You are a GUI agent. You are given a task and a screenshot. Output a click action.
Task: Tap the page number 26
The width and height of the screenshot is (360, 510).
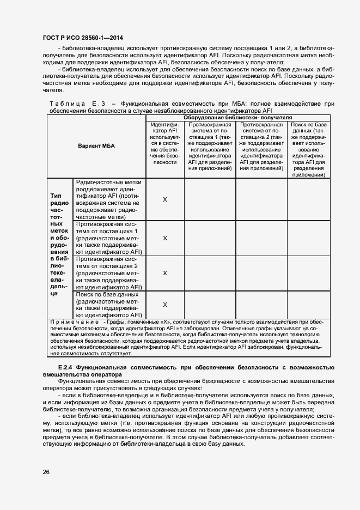[46, 472]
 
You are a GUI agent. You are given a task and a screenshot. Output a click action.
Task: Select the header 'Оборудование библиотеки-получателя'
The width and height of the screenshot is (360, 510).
[237, 118]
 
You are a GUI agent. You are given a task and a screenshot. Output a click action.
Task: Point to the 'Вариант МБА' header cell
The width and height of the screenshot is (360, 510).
[96, 146]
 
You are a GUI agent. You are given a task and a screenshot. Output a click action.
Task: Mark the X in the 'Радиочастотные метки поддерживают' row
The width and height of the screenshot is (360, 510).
[165, 199]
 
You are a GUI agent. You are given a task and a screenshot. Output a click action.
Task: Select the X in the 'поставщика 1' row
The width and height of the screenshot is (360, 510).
[165, 238]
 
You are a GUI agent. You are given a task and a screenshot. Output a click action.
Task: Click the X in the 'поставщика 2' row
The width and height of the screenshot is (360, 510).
[165, 273]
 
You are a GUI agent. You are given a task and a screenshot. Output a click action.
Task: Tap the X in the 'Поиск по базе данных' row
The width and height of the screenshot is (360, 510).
[165, 305]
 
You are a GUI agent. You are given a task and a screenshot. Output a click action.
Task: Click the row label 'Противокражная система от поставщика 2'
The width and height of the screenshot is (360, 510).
[109, 273]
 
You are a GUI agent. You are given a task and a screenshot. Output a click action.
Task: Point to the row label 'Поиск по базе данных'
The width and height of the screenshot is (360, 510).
[109, 305]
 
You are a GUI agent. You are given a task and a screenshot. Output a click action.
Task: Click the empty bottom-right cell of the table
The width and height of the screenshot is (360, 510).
[308, 305]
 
